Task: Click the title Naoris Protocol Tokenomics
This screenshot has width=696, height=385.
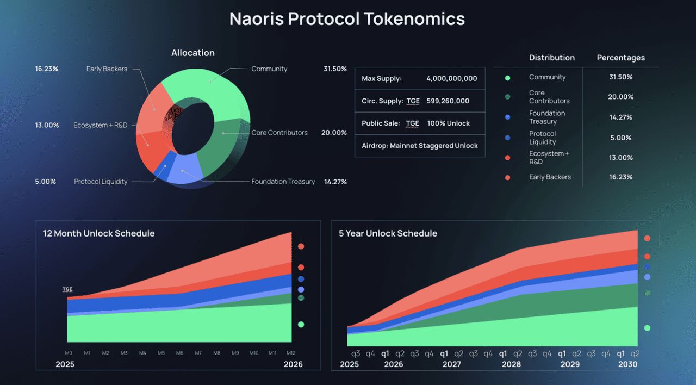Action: (x=347, y=18)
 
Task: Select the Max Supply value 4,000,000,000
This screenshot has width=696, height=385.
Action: (x=452, y=79)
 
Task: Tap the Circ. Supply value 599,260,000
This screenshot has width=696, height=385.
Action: (x=448, y=101)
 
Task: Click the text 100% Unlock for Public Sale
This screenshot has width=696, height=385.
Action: (x=449, y=123)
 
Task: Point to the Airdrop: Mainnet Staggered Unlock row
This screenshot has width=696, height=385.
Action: (x=420, y=146)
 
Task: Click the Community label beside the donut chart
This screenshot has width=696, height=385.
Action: (x=269, y=69)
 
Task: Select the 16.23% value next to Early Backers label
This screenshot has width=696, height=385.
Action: (x=47, y=69)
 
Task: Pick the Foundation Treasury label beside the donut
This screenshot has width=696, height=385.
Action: (x=283, y=182)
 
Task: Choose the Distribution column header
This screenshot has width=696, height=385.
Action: (x=552, y=58)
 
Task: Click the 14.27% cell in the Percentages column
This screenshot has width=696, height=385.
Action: (x=620, y=117)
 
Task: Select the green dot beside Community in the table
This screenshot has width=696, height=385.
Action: (x=507, y=78)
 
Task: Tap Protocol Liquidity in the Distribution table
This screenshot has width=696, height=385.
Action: (x=543, y=138)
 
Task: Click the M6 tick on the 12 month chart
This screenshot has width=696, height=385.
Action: (x=179, y=353)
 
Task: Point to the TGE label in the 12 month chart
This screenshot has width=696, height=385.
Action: (x=67, y=289)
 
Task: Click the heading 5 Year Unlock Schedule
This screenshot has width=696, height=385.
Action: (x=388, y=233)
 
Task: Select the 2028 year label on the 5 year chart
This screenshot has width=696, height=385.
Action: (x=511, y=364)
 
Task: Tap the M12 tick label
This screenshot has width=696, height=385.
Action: (x=291, y=353)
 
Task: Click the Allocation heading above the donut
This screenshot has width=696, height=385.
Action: (x=193, y=53)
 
